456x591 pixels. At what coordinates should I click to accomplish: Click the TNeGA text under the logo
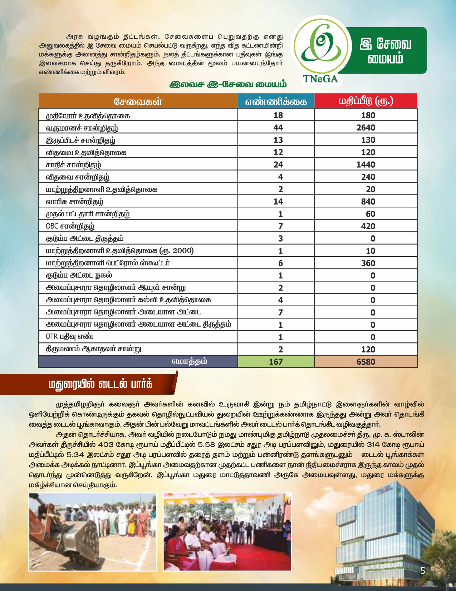pyautogui.click(x=320, y=79)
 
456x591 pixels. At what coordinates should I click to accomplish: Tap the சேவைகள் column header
pyautogui.click(x=138, y=101)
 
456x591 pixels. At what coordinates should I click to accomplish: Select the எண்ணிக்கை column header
pyautogui.click(x=276, y=101)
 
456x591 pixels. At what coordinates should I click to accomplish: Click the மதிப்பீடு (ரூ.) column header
pyautogui.click(x=366, y=101)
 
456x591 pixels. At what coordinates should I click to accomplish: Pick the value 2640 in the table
pyautogui.click(x=366, y=128)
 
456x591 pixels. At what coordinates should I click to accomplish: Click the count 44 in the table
pyautogui.click(x=278, y=128)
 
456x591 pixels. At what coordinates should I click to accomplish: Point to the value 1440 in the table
pyautogui.click(x=366, y=165)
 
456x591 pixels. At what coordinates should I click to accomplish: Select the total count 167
pyautogui.click(x=276, y=362)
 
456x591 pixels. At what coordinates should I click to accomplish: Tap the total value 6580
pyautogui.click(x=366, y=362)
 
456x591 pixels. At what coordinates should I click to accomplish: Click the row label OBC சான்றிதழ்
pyautogui.click(x=70, y=226)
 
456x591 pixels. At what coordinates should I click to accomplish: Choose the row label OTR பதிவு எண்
pyautogui.click(x=69, y=337)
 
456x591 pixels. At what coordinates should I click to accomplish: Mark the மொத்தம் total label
pyautogui.click(x=189, y=361)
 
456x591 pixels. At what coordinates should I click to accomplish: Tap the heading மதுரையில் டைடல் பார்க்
pyautogui.click(x=100, y=384)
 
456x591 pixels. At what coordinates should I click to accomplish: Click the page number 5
pyautogui.click(x=423, y=571)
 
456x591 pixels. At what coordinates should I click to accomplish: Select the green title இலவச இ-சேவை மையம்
pyautogui.click(x=228, y=85)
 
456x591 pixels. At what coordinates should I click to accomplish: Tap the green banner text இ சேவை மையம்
pyautogui.click(x=385, y=51)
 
